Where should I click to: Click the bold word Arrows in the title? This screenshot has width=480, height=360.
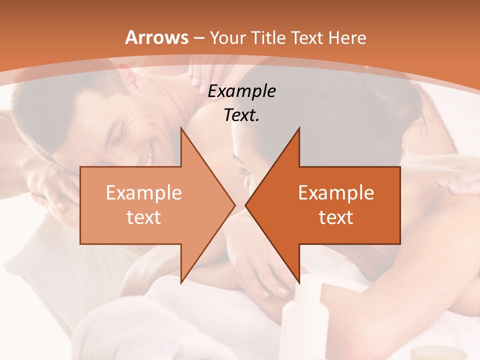tap(157, 37)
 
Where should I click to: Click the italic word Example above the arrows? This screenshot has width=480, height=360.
tap(242, 91)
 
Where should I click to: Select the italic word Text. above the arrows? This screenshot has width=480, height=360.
tap(242, 115)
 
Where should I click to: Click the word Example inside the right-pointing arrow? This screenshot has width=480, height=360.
tap(144, 193)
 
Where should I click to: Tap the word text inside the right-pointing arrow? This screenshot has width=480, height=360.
tap(144, 217)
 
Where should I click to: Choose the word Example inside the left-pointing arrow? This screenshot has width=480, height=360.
tap(336, 193)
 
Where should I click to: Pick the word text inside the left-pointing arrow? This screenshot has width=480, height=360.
tap(336, 217)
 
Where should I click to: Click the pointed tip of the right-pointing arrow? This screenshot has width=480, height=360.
tap(234, 205)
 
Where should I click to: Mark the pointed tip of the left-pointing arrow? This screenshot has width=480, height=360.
tap(246, 205)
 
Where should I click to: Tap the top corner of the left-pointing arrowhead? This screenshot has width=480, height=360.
tap(299, 128)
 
